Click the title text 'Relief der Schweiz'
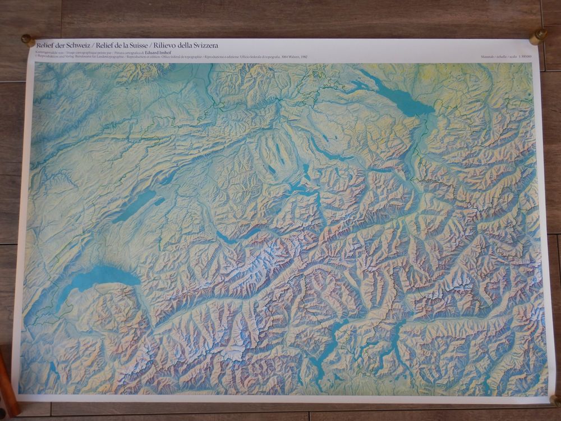[62, 45]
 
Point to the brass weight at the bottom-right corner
[555, 400]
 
